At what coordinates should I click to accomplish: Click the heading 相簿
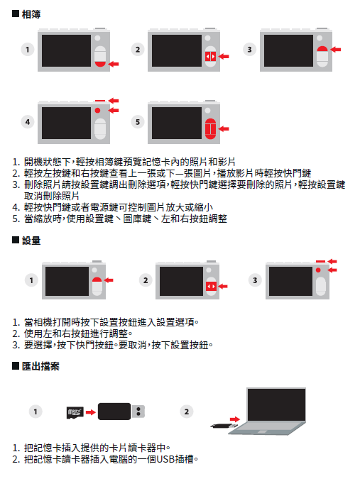31,14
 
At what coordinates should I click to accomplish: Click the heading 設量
31,241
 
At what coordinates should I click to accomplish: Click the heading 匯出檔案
40,366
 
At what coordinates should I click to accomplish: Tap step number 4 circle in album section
28,122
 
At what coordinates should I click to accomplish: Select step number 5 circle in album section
138,122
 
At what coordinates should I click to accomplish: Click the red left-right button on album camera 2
211,57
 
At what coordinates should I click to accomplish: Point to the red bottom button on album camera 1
100,64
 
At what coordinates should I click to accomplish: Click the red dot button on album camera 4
97,110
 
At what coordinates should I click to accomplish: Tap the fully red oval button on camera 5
211,128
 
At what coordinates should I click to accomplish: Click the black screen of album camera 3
288,50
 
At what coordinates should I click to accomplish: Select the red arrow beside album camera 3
336,49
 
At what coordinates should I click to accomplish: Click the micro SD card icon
75,412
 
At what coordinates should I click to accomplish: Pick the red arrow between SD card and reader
91,412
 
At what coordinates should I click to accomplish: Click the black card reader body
114,412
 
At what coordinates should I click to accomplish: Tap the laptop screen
276,404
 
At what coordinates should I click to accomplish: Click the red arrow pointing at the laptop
234,419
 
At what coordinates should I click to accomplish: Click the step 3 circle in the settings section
255,280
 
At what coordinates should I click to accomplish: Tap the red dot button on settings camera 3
318,270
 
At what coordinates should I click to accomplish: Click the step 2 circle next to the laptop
187,412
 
